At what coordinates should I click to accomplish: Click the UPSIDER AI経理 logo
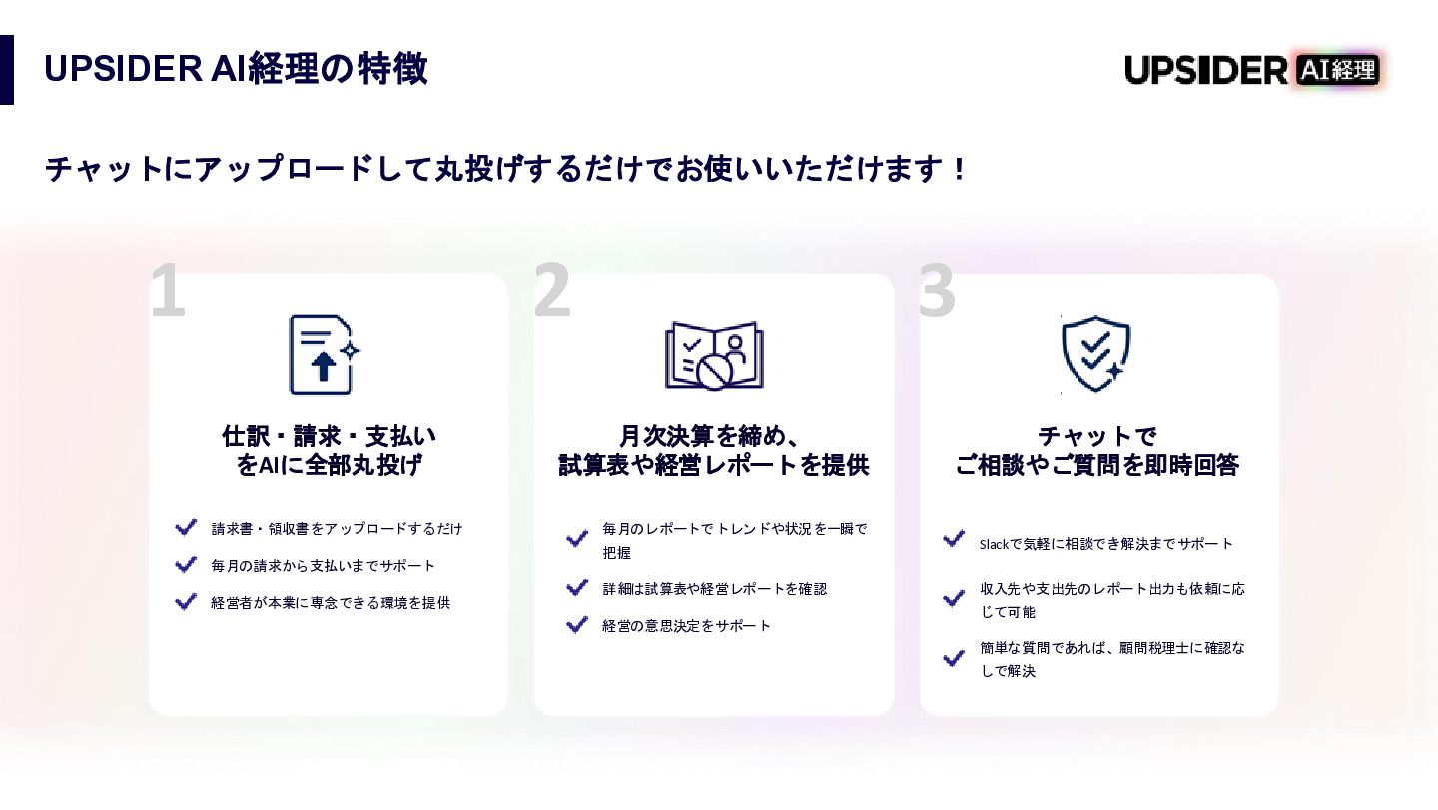click(x=1252, y=70)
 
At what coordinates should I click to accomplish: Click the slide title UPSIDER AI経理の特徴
click(x=236, y=69)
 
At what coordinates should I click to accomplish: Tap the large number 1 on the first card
click(x=168, y=291)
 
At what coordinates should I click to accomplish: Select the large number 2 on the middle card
click(x=552, y=291)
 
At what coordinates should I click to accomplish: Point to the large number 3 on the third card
click(x=937, y=291)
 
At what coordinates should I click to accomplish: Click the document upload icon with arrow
click(x=323, y=355)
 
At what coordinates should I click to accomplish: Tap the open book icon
click(x=714, y=355)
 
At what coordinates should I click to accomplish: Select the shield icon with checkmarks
click(x=1096, y=354)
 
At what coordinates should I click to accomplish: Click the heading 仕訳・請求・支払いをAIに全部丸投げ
click(x=329, y=450)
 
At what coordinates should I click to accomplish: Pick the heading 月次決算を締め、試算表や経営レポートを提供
click(x=713, y=450)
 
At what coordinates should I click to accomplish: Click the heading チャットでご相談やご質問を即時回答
click(x=1096, y=450)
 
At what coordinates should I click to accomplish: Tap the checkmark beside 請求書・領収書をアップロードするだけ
click(x=186, y=527)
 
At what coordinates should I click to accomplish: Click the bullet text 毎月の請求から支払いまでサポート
click(x=324, y=566)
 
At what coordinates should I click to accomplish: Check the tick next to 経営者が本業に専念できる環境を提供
click(x=186, y=602)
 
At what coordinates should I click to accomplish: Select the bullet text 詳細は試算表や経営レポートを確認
click(x=714, y=589)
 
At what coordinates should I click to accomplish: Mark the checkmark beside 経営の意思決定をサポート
click(x=577, y=625)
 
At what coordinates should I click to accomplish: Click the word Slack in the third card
click(x=994, y=544)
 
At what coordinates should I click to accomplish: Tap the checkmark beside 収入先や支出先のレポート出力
click(x=954, y=599)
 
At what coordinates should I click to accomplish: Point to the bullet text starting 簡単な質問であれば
click(x=1112, y=659)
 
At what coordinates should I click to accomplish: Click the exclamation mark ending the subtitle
click(x=960, y=169)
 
